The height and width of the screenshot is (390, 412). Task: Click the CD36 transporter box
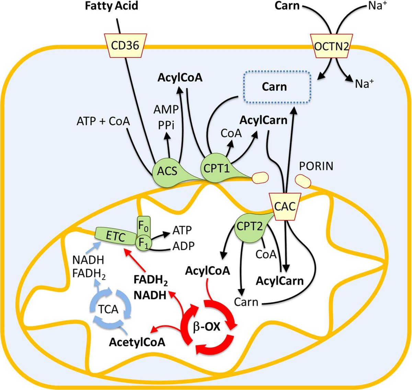point(125,45)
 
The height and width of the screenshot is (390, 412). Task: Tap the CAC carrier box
point(285,207)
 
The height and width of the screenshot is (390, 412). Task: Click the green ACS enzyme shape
point(168,171)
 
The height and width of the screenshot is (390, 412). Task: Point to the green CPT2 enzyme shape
point(250,227)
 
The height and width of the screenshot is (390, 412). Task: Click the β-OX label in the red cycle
point(207,328)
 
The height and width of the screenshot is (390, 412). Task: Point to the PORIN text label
point(316,166)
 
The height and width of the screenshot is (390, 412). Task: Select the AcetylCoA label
point(137,342)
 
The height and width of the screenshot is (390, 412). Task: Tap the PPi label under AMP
point(167,125)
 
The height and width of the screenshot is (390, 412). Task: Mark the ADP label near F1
point(183,246)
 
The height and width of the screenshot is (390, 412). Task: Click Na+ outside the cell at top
point(377,6)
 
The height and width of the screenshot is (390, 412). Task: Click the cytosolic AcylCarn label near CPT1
point(263,120)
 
